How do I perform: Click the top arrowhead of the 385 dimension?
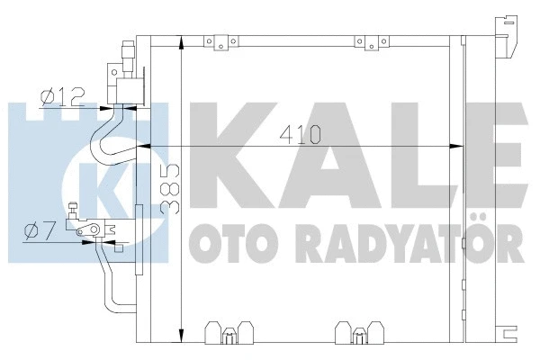coord(182,41)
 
